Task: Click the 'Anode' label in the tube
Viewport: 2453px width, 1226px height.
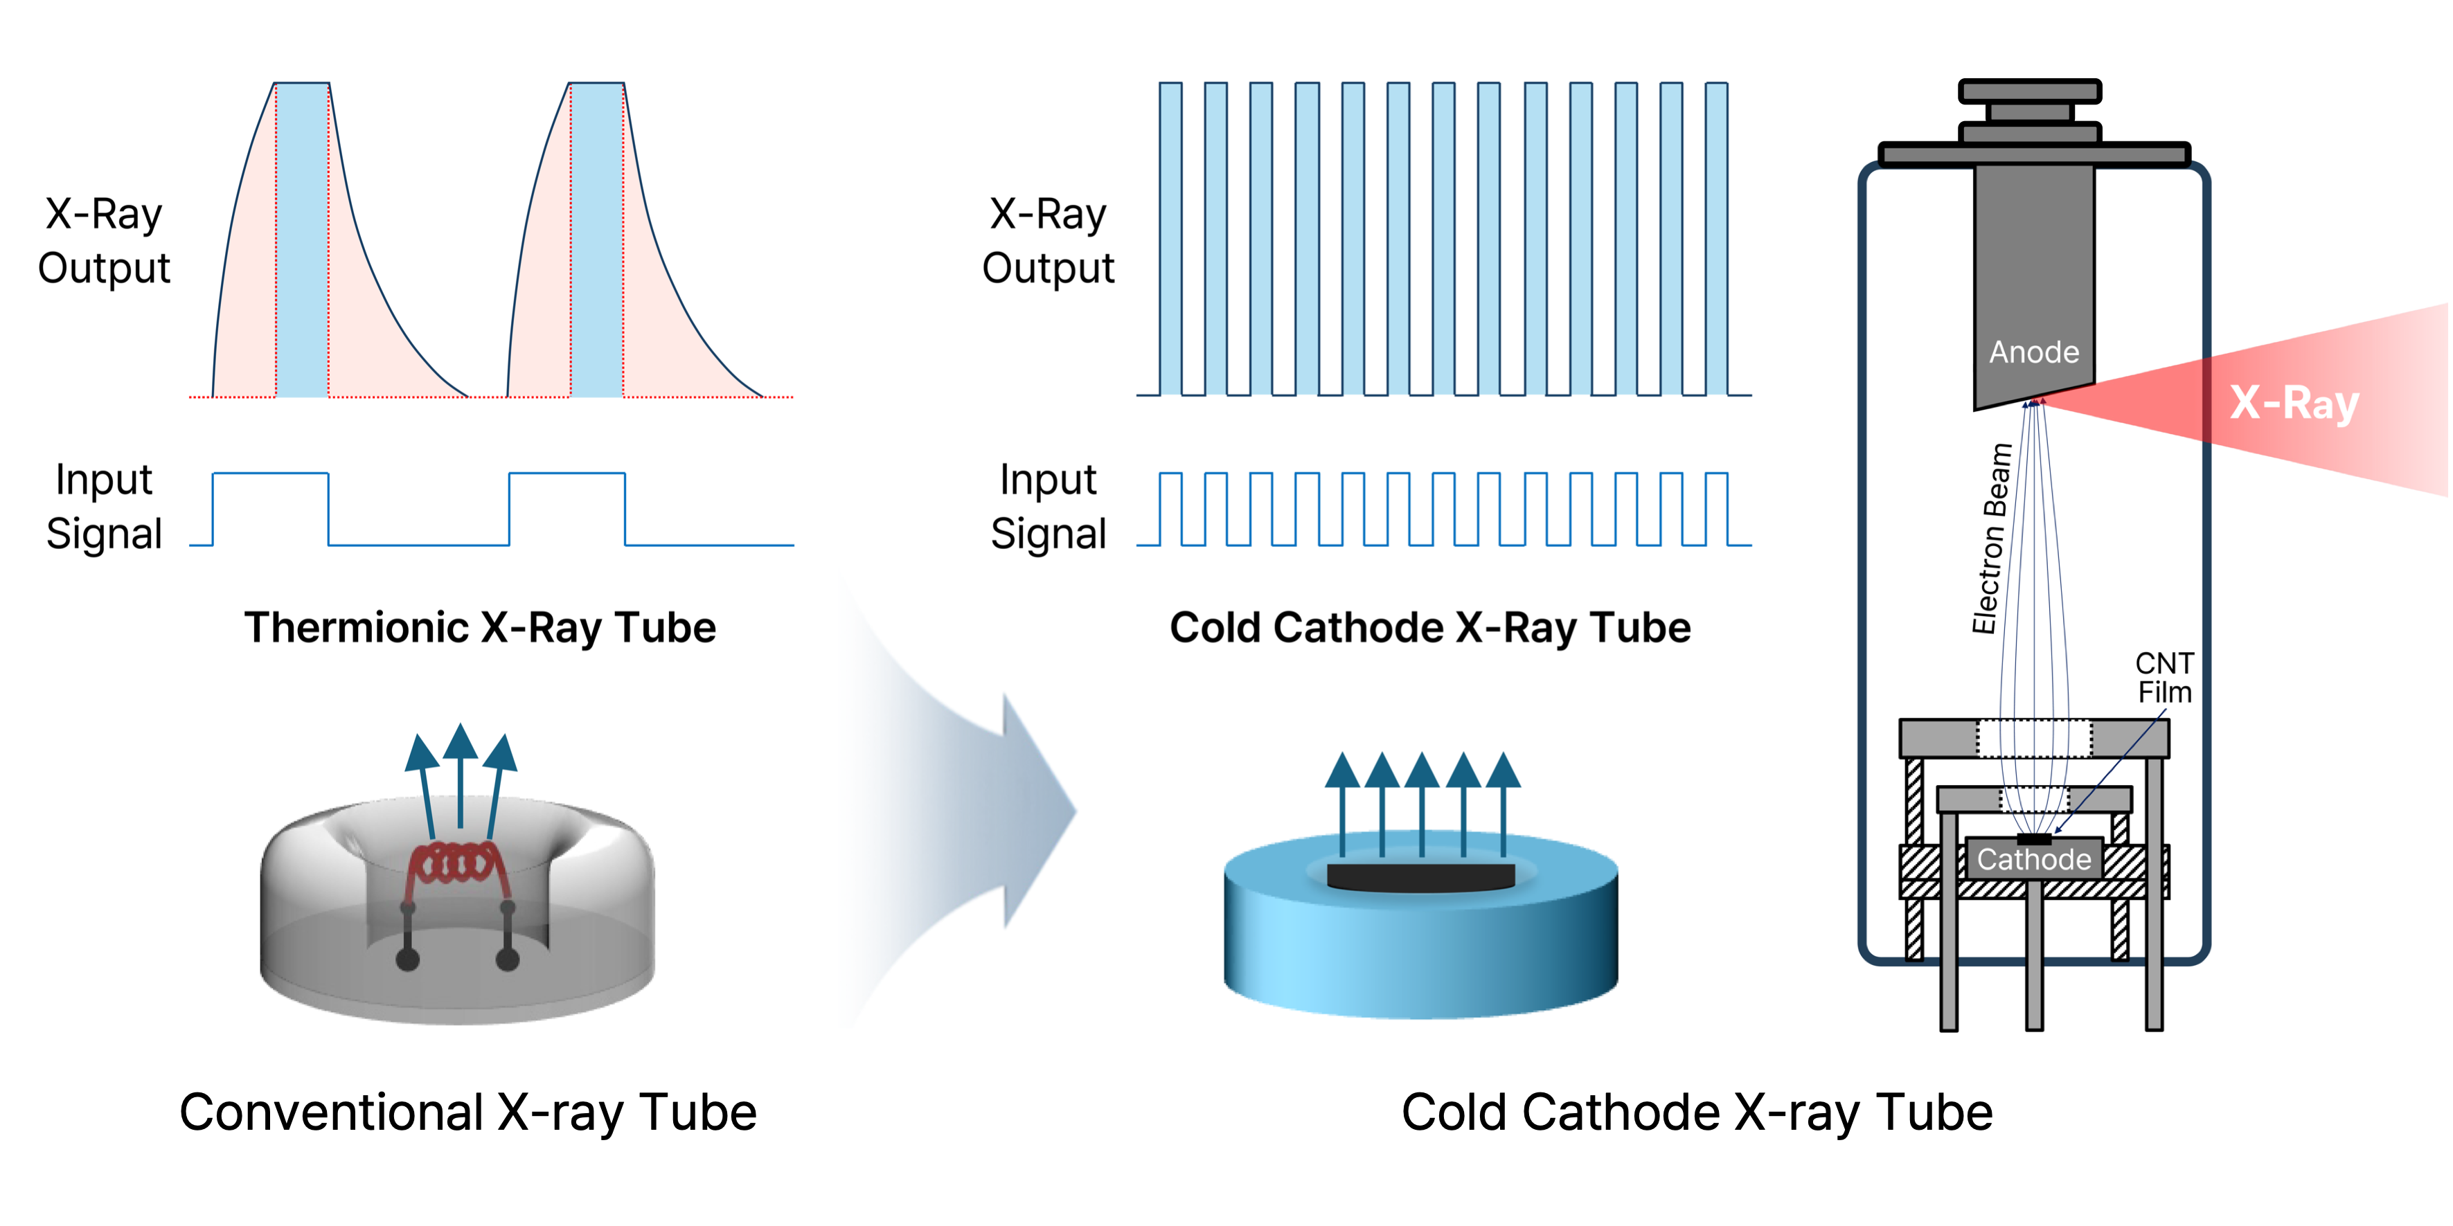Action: click(2033, 352)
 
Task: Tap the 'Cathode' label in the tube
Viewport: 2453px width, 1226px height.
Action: click(2033, 860)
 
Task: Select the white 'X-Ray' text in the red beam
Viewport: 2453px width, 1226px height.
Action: click(2294, 403)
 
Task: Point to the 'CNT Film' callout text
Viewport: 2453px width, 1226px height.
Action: click(2164, 678)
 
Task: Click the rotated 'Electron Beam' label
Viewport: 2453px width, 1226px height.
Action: click(1991, 539)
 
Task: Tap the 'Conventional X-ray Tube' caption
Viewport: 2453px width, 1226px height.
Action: click(467, 1112)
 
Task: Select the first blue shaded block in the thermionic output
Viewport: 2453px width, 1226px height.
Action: click(302, 238)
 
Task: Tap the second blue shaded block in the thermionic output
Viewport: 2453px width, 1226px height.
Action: click(597, 238)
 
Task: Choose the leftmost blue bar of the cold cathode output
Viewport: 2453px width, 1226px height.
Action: click(1170, 238)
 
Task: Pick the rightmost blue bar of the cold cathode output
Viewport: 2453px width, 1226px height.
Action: click(1716, 238)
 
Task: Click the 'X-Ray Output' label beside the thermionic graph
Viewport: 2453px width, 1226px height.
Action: click(104, 241)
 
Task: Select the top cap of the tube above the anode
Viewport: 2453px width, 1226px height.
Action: click(2029, 92)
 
